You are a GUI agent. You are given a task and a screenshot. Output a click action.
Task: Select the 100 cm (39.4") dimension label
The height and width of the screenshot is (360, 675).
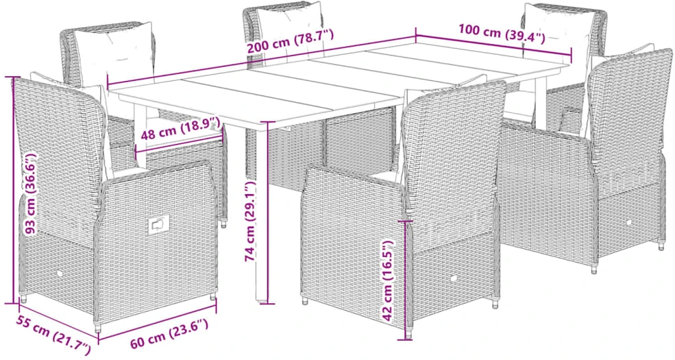(502, 34)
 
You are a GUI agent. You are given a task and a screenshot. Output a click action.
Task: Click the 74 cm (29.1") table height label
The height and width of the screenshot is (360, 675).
(251, 221)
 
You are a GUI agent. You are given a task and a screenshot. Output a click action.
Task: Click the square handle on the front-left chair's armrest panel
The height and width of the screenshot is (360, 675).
(158, 225)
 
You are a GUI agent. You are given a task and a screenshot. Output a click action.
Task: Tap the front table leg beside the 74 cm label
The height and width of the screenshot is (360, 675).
(261, 211)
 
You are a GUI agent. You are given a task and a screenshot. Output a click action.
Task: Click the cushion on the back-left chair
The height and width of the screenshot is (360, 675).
(114, 54)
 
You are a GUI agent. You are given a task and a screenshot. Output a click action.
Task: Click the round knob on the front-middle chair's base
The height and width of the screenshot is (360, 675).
(454, 279)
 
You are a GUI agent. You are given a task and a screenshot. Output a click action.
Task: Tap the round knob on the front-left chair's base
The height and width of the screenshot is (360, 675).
(59, 274)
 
